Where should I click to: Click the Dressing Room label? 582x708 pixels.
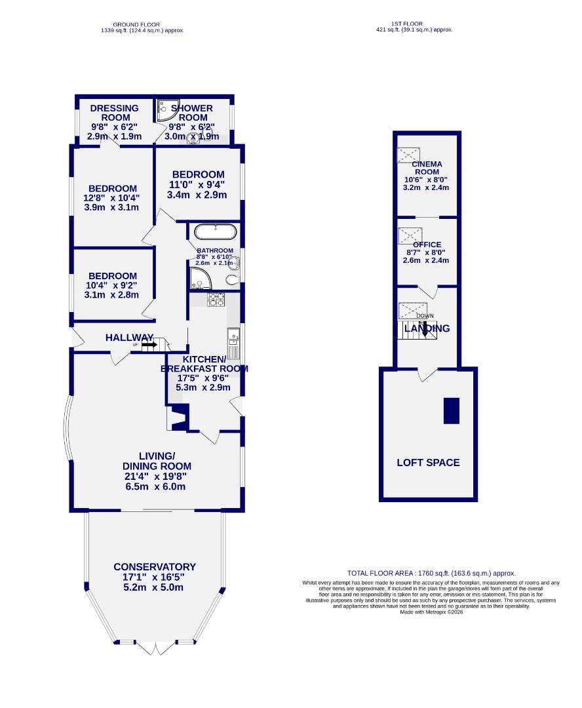coord(114,113)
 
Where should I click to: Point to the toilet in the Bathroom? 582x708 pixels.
coord(231,280)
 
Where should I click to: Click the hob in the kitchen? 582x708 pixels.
coord(217,300)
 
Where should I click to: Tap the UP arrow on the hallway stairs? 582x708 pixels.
coord(148,344)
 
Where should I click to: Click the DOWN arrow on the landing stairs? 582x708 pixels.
coord(424,328)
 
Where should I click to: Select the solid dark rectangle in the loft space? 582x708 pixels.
coord(451,411)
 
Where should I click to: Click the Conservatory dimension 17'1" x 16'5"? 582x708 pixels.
coord(155,578)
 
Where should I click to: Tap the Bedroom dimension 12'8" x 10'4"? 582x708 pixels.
coord(113,197)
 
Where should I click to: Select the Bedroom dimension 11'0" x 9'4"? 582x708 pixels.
coord(197,184)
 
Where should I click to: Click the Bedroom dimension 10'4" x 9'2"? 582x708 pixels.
coord(113,285)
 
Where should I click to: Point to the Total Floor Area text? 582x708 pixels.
coord(431,572)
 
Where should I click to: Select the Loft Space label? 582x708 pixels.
coord(428,462)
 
